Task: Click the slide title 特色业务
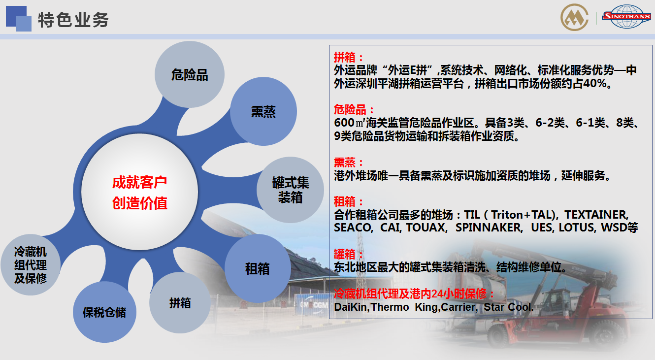(73, 20)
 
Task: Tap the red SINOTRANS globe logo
(626, 17)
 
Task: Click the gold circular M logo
(574, 17)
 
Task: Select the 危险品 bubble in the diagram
(190, 74)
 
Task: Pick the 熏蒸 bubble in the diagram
(263, 111)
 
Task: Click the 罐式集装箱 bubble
(291, 190)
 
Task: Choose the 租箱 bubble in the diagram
(257, 268)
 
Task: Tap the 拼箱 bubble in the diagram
(180, 303)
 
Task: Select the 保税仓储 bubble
(104, 312)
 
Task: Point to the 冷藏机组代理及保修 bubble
(31, 265)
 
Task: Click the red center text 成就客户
(139, 183)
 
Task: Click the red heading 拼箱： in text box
(349, 57)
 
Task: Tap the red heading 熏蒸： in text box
(349, 163)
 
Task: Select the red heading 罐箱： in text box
(349, 254)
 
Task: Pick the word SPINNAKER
(489, 228)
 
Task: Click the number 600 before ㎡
(344, 123)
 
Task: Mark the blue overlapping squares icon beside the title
(18, 18)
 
